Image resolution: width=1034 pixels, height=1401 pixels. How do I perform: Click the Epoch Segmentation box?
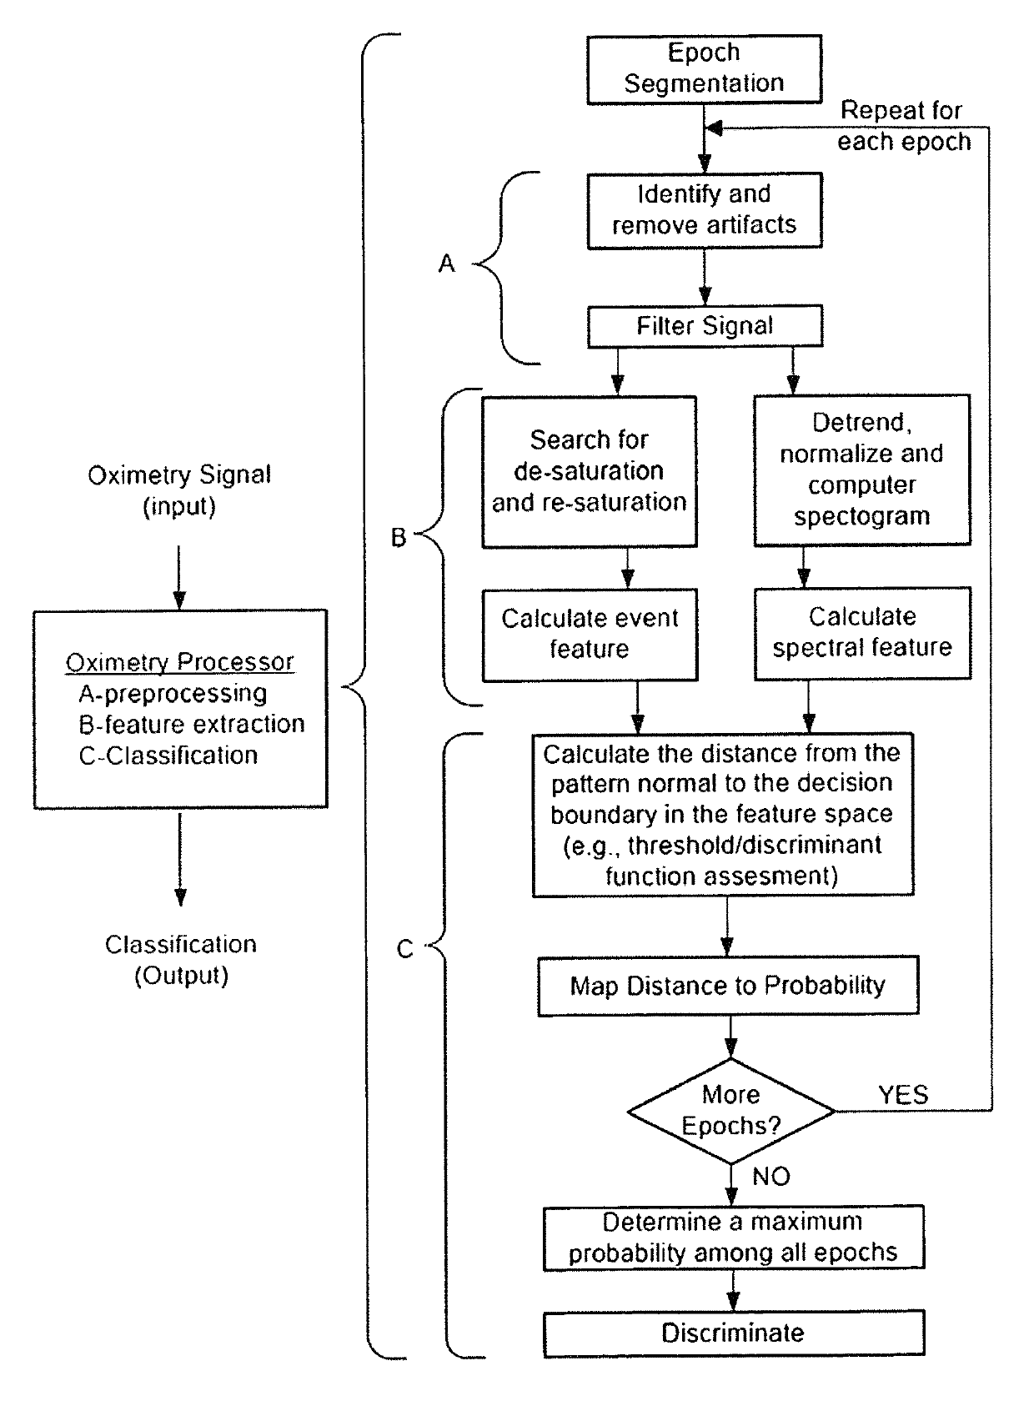point(704,68)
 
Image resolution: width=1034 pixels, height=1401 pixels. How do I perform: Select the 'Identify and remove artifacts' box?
point(704,210)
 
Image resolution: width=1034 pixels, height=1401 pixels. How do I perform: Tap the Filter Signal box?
point(704,326)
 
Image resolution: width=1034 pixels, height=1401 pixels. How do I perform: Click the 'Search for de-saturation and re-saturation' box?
point(589,471)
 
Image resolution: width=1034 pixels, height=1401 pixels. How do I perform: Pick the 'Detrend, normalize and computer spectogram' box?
point(861,470)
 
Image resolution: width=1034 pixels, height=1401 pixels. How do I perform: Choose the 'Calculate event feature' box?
point(589,634)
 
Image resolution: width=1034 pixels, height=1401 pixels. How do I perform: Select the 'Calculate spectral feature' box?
point(861,632)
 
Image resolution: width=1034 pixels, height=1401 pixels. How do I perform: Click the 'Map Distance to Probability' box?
point(727,986)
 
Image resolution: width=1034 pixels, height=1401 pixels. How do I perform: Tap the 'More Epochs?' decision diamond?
point(730,1111)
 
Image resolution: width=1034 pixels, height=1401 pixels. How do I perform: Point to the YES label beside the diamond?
point(903,1095)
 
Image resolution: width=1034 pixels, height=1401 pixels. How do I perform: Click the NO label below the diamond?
point(770,1177)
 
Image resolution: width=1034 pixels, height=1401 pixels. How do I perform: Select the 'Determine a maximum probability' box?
point(733,1238)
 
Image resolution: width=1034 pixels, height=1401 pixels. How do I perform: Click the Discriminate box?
point(733,1333)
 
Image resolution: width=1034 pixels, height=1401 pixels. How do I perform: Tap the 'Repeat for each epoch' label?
point(903,126)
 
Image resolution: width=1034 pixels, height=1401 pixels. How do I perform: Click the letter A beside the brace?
point(447,264)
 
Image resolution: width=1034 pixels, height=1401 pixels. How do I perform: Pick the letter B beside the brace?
point(399,538)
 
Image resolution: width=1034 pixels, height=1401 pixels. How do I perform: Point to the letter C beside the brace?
point(404,949)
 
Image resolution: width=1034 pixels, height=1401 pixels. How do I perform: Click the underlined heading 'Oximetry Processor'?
point(179,662)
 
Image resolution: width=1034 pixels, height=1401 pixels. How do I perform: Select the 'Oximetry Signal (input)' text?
point(179,490)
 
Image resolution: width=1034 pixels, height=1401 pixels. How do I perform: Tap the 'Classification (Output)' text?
point(180,960)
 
